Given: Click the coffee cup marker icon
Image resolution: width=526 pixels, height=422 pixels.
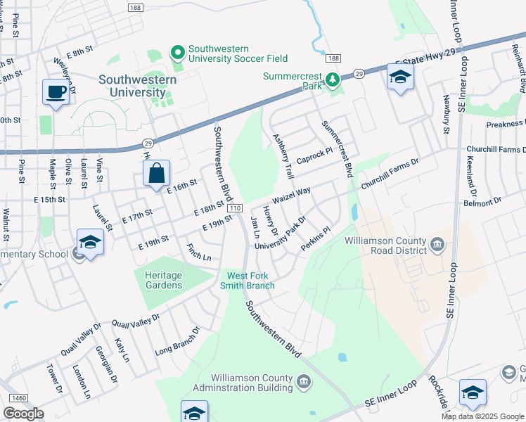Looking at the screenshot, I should [56, 91].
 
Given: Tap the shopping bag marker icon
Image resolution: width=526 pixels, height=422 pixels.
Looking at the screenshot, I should [156, 172].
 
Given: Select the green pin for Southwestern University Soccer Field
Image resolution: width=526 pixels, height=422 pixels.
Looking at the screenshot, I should [177, 52].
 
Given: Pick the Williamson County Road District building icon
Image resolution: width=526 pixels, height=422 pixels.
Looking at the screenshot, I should [437, 245].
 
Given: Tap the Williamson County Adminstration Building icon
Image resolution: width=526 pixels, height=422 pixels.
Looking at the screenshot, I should [303, 382].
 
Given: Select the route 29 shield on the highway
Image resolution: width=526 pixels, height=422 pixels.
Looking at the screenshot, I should [358, 73].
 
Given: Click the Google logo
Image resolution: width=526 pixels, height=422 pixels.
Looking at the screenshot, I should [23, 413].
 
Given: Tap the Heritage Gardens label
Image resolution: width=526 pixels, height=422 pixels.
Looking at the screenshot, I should [163, 280].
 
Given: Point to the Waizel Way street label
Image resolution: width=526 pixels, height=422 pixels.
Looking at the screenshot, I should [291, 195].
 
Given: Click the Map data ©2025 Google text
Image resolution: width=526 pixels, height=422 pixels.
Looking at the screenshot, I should [482, 416].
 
